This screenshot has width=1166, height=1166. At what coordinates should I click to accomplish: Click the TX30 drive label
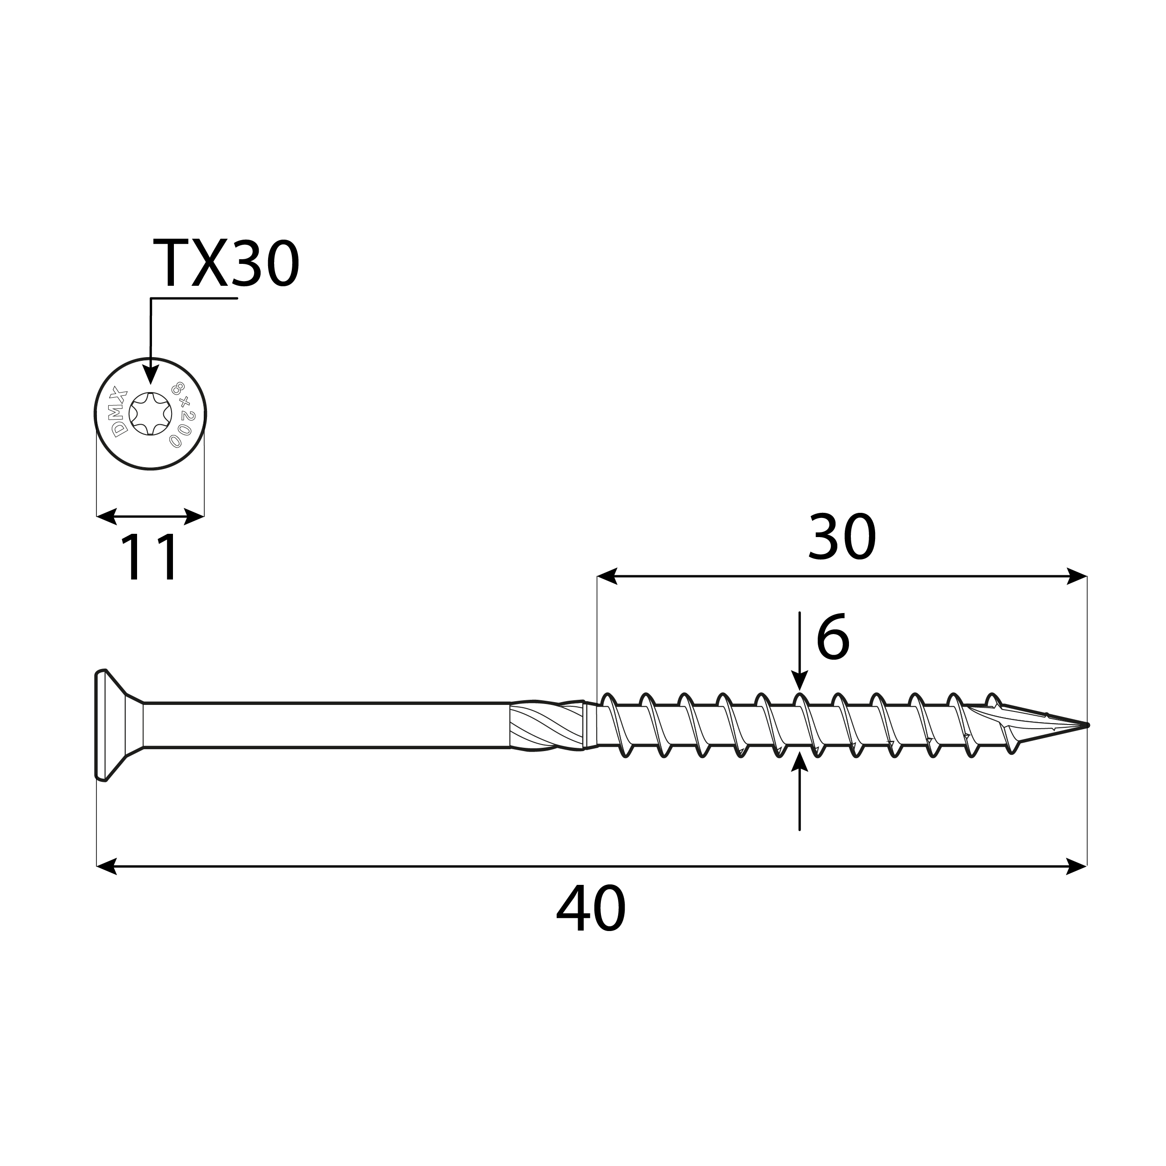(x=226, y=264)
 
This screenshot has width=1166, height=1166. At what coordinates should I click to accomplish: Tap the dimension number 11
(x=150, y=558)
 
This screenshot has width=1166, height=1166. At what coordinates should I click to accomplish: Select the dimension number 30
(x=842, y=537)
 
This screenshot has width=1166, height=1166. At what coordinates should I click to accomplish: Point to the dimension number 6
(x=832, y=637)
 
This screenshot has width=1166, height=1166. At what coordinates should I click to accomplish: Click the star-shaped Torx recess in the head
(x=150, y=414)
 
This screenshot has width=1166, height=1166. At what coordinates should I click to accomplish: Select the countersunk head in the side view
(x=115, y=725)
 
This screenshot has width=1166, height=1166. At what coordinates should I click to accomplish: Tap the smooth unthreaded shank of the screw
(x=326, y=725)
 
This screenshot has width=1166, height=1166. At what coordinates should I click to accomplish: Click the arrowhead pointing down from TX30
(x=150, y=374)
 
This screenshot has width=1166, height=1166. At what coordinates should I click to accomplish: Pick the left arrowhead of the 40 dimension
(x=106, y=867)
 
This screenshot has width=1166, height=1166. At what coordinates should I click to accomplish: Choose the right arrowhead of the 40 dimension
(x=1077, y=867)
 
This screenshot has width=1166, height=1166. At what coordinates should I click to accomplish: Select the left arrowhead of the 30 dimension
(x=607, y=576)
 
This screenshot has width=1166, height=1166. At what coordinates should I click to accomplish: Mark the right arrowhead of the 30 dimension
(x=1077, y=576)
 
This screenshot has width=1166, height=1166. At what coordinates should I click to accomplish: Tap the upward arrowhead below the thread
(x=800, y=762)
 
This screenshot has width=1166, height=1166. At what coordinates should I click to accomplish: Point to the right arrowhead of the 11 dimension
(x=194, y=517)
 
